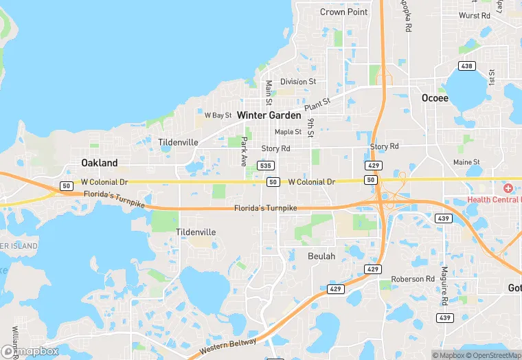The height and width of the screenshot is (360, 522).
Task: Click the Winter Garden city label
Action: pyautogui.click(x=269, y=115)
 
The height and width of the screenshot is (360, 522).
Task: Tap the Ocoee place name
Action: pyautogui.click(x=434, y=98)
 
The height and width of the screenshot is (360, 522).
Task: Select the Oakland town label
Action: pyautogui.click(x=99, y=163)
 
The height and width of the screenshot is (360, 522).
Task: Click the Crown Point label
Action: pyautogui.click(x=343, y=12)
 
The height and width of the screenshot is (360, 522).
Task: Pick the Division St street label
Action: pyautogui.click(x=297, y=81)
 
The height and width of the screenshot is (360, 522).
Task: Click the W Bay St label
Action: pyautogui.click(x=218, y=115)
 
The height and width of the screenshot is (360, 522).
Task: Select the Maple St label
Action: pyautogui.click(x=288, y=132)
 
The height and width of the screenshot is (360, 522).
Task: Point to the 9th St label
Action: pyautogui.click(x=310, y=126)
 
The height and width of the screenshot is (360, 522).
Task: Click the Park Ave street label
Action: pyautogui.click(x=244, y=151)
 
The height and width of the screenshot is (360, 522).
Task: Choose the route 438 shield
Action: pyautogui.click(x=467, y=66)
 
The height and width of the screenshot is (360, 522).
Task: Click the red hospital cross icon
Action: pyautogui.click(x=508, y=188)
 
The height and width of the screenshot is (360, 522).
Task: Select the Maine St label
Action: pyautogui.click(x=466, y=162)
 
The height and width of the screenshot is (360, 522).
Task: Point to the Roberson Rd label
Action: pyautogui.click(x=413, y=279)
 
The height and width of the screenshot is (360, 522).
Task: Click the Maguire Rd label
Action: pyautogui.click(x=444, y=286)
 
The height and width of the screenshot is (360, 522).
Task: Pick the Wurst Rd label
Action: pyautogui.click(x=475, y=15)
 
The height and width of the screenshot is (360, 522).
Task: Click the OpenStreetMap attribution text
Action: pyautogui.click(x=490, y=355)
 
